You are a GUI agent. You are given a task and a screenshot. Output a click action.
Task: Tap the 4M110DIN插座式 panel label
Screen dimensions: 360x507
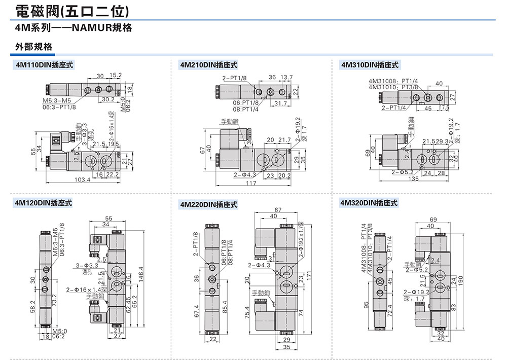(x=45, y=65)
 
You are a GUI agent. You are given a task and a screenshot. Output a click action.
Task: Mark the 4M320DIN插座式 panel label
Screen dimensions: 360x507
(x=369, y=203)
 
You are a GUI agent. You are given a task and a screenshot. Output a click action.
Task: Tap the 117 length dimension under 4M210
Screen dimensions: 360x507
(x=251, y=183)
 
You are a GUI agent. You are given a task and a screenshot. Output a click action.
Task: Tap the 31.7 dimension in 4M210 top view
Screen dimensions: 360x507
(x=280, y=103)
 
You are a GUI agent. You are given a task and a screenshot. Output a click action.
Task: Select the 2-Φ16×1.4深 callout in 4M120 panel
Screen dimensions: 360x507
(x=83, y=290)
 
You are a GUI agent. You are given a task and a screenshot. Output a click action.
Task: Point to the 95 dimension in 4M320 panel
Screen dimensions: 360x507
(x=365, y=305)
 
